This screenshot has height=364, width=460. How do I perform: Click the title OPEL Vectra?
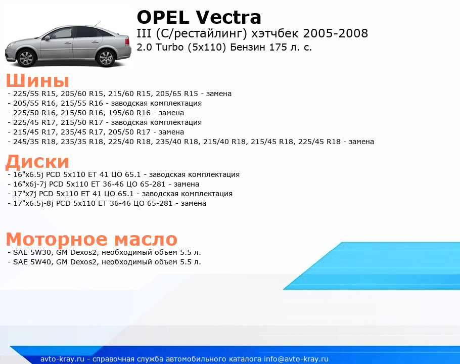[x=199, y=17]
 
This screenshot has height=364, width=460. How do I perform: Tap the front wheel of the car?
[x=27, y=58]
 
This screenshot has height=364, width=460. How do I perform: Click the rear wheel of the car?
[x=106, y=58]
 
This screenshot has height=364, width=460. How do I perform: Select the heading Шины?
[x=37, y=80]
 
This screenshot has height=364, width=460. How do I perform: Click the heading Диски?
[x=37, y=161]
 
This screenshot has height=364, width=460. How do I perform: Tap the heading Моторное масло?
[x=91, y=239]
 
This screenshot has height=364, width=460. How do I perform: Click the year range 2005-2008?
[x=335, y=33]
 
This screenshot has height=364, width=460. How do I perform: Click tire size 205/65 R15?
[x=177, y=94]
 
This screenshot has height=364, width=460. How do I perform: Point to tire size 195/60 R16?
[x=129, y=113]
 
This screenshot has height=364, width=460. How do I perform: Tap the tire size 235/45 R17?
[x=82, y=132]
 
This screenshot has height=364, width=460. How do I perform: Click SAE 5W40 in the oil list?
[x=32, y=262]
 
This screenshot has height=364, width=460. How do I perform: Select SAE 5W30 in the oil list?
[x=32, y=252]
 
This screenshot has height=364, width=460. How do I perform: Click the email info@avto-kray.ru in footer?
[x=296, y=359]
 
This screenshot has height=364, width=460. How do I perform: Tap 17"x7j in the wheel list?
[x=25, y=194]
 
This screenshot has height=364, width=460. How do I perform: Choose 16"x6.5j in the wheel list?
[x=28, y=174]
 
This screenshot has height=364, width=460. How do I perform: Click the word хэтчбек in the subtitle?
[x=275, y=33]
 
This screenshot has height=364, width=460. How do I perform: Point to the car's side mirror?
[x=47, y=38]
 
